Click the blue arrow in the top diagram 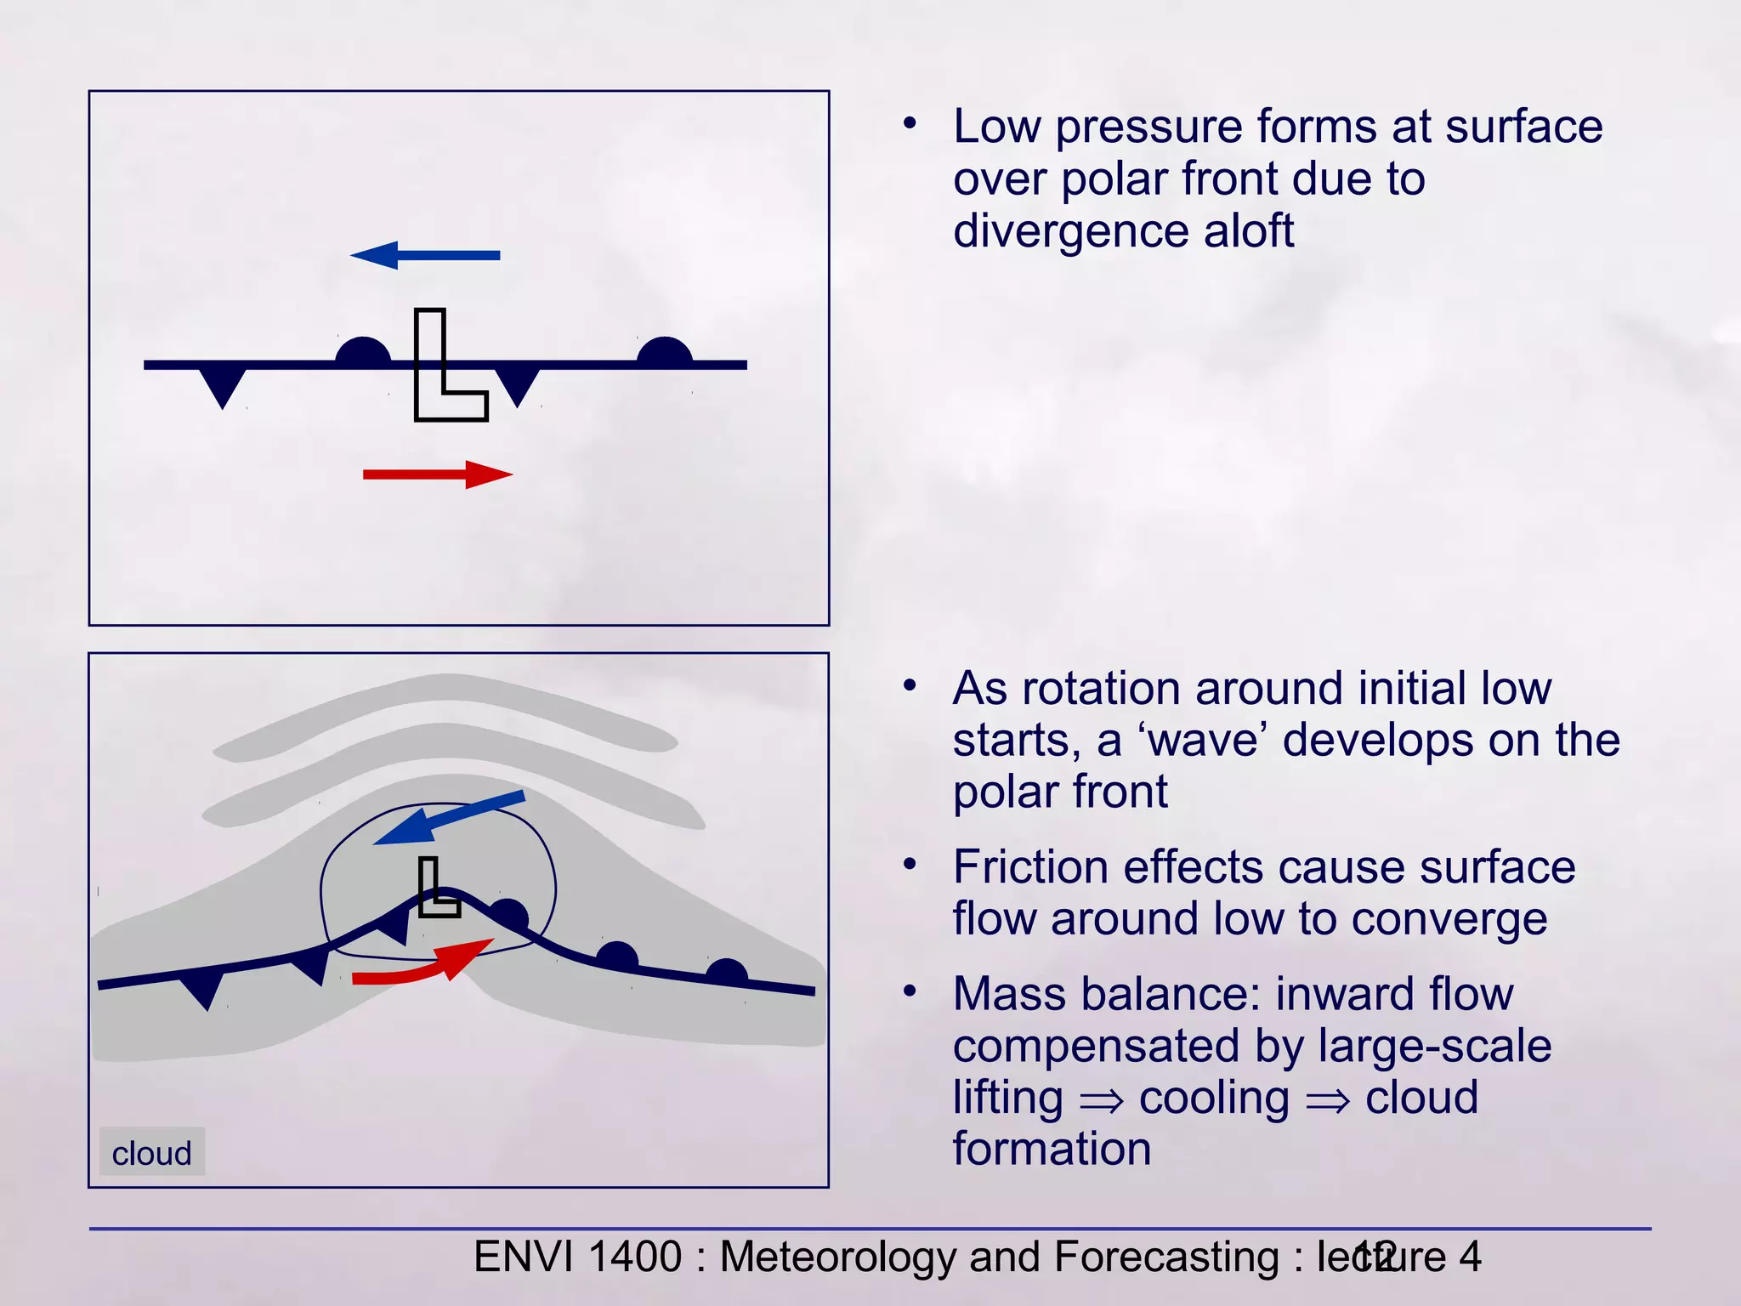point(425,255)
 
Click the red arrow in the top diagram point(438,474)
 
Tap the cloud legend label point(152,1153)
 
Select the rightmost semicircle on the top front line point(665,351)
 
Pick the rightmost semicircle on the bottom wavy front point(727,973)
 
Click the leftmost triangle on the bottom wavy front point(204,989)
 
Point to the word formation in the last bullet point(1052,1149)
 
